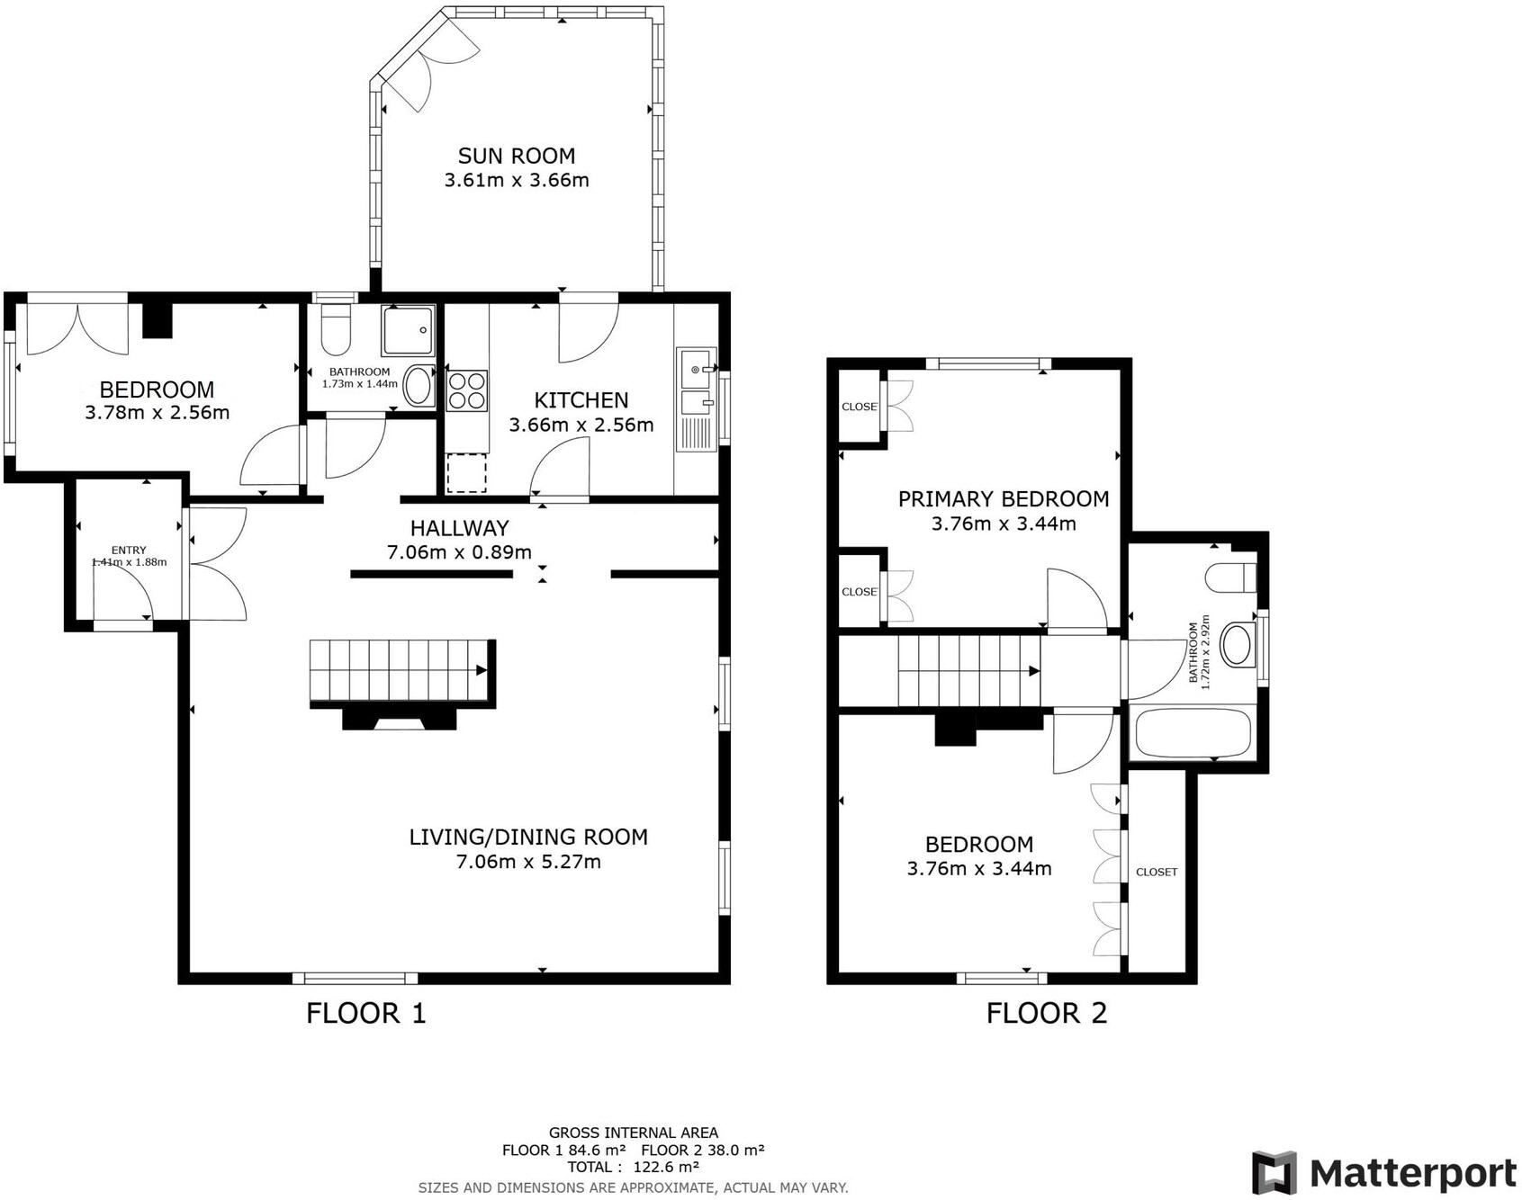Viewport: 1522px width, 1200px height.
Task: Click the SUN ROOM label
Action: [x=516, y=156]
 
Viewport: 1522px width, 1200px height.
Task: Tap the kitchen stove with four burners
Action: [x=467, y=390]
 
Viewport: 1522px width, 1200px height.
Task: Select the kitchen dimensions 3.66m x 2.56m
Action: [x=581, y=425]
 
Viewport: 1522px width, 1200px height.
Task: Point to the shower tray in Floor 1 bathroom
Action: [x=409, y=330]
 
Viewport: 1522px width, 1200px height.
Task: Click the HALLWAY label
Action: [x=459, y=528]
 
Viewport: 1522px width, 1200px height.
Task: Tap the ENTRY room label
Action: [x=129, y=550]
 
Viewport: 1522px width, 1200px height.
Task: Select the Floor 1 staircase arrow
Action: [x=482, y=670]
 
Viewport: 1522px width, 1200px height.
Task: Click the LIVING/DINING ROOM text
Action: [x=528, y=837]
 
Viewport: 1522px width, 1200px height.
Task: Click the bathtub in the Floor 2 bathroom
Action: [x=1192, y=733]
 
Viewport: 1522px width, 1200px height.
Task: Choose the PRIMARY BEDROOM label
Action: [x=1004, y=498]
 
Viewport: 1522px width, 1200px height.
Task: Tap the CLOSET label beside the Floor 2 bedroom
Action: [x=1156, y=872]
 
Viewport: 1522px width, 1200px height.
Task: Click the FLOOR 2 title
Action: [x=1046, y=1013]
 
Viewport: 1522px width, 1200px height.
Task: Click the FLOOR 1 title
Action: [x=365, y=1013]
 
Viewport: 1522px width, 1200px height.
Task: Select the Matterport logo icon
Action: [x=1275, y=1173]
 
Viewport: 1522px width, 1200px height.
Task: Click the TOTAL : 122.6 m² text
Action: [x=633, y=1167]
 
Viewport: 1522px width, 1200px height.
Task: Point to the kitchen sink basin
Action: [x=696, y=369]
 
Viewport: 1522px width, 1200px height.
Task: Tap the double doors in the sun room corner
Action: [x=430, y=70]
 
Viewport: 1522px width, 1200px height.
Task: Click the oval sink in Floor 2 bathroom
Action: [x=1237, y=645]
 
